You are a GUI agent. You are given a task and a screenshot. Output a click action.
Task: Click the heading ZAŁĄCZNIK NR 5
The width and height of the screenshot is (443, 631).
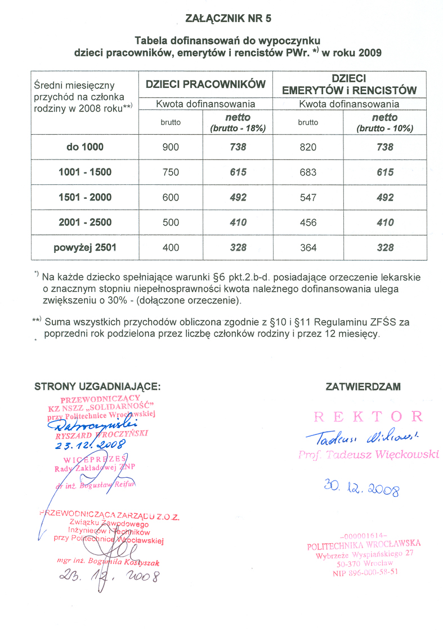coord(228,19)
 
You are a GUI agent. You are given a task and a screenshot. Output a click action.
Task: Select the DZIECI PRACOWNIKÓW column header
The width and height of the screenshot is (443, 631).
coord(205,85)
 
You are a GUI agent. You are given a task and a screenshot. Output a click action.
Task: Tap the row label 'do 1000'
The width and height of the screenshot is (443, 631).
coord(85,147)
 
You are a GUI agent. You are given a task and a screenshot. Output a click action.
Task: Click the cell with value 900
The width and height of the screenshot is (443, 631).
coord(171,147)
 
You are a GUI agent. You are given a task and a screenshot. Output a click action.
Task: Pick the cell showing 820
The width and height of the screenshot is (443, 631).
coord(308,147)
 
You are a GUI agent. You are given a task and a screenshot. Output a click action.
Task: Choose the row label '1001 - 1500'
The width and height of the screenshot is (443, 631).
coord(85,172)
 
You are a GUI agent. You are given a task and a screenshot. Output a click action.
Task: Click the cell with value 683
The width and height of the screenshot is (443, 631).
coord(308,172)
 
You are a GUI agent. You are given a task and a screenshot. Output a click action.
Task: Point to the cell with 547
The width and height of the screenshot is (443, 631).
coord(308,197)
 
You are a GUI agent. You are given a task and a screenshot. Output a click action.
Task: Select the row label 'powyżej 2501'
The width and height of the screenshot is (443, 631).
coord(85,247)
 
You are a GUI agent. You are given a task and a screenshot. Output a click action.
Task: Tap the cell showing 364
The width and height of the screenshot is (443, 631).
coord(308,247)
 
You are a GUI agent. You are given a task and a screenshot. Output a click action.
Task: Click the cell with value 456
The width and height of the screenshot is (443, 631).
coord(308,223)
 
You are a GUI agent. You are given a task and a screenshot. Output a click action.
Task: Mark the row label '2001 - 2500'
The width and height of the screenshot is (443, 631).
coord(85,223)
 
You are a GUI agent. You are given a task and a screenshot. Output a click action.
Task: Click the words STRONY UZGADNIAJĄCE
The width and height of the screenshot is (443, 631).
coord(98,386)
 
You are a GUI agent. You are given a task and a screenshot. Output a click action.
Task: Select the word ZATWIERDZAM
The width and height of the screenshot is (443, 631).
coord(363,386)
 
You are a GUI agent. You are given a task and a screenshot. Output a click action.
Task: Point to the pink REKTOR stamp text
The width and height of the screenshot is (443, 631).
coord(368,417)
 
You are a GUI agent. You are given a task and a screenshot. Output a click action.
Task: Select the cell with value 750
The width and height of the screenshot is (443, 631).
coord(171,172)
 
